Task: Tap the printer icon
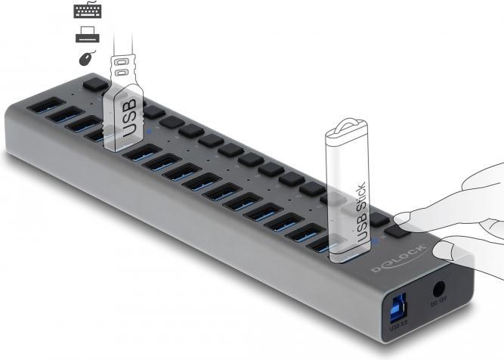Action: [87, 35]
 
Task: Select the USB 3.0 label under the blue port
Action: [398, 327]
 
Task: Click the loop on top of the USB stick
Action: [345, 126]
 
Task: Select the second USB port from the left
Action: [63, 116]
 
